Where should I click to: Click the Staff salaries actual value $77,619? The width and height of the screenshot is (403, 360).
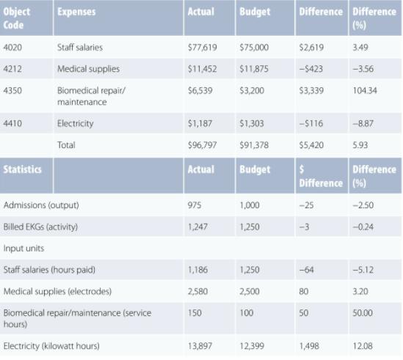pyautogui.click(x=202, y=48)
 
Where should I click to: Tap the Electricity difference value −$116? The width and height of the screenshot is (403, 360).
pyautogui.click(x=311, y=123)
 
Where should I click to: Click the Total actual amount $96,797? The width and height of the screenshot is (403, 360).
pyautogui.click(x=202, y=145)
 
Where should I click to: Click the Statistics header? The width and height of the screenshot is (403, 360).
pyautogui.click(x=23, y=169)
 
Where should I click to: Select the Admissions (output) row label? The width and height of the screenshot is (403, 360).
pyautogui.click(x=41, y=205)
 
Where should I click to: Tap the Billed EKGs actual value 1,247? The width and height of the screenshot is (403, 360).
pyautogui.click(x=199, y=227)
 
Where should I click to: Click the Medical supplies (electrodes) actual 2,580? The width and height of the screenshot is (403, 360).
pyautogui.click(x=199, y=292)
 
